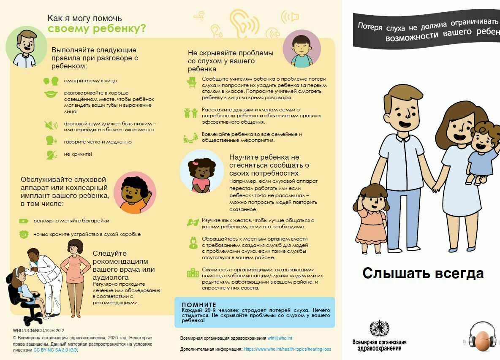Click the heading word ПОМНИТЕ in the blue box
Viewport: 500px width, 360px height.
coord(198,305)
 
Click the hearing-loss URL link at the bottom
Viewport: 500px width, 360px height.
coord(287,349)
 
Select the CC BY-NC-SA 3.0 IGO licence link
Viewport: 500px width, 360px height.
coord(55,350)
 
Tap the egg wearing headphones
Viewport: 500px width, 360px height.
coord(481,340)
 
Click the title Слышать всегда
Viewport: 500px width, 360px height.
coord(423,273)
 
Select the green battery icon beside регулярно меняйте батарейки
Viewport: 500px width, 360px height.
coord(24,221)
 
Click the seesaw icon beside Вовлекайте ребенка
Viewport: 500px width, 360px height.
coord(190,138)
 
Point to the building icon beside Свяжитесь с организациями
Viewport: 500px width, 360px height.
coord(193,273)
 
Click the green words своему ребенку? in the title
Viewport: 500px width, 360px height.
coord(97,29)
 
